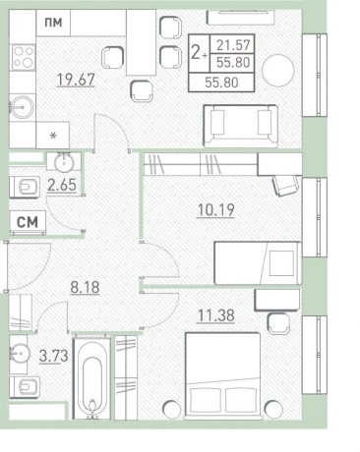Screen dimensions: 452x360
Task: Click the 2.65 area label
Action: click(63, 184)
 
